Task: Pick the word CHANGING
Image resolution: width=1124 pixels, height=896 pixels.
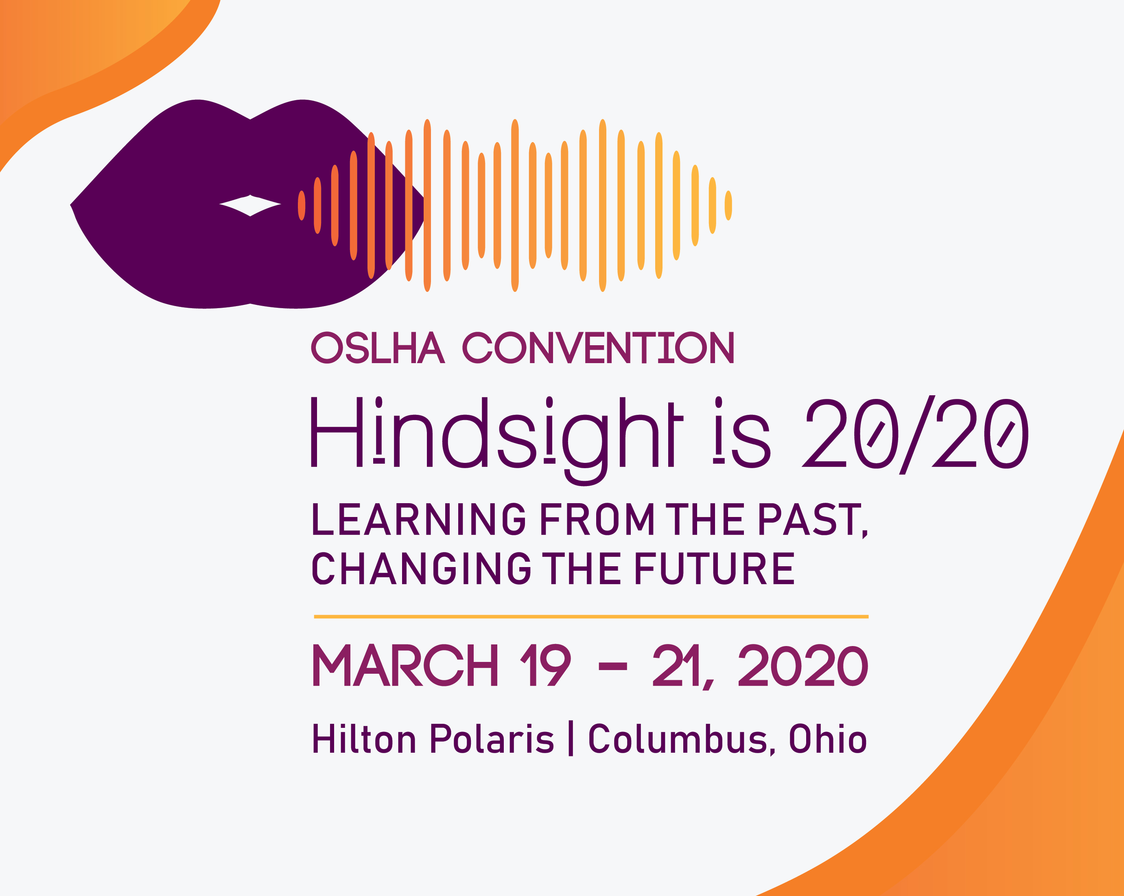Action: click(x=421, y=568)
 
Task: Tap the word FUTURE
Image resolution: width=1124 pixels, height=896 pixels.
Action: click(x=714, y=568)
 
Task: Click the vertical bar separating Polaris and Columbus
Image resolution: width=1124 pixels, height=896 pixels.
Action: click(x=571, y=738)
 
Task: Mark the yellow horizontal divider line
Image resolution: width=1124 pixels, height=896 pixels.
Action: click(x=591, y=616)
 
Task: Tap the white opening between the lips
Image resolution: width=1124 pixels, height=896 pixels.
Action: click(x=250, y=205)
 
